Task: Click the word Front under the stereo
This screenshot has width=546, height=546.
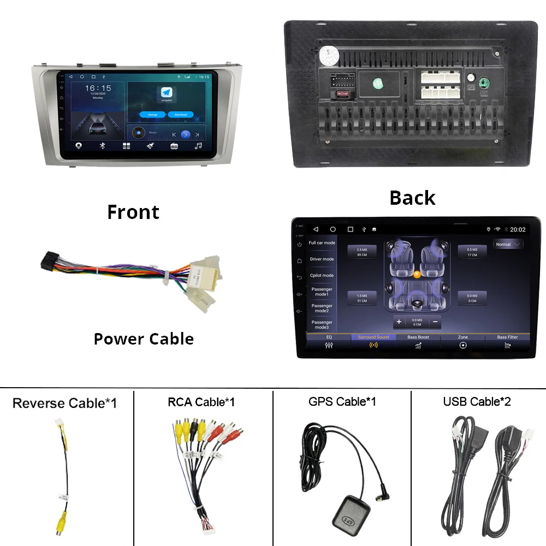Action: click(133, 212)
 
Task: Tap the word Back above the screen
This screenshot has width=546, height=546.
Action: click(412, 198)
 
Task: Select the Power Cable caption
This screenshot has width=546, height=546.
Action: click(144, 339)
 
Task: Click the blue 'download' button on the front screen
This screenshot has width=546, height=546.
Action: click(181, 115)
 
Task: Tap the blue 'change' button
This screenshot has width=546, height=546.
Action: click(152, 115)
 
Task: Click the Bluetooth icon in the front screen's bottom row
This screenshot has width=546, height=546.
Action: click(102, 146)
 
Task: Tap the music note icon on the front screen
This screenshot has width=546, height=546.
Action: click(198, 146)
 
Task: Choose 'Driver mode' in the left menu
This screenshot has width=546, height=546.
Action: click(322, 259)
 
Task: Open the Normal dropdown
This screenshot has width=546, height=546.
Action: click(508, 244)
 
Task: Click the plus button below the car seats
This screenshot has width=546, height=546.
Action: click(399, 322)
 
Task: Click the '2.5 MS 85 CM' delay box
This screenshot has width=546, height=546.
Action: click(362, 252)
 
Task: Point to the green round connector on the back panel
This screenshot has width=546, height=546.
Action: click(483, 83)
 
